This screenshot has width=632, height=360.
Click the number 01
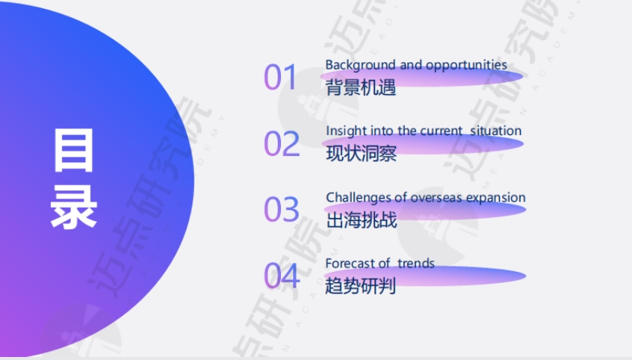280,78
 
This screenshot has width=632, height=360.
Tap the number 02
281,143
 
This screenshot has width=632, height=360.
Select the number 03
281,210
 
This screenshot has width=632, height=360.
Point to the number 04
281,276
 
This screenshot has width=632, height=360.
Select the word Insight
344,131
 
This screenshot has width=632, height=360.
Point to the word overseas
436,198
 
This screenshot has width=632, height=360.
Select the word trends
415,263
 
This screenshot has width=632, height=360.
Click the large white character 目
74,149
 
